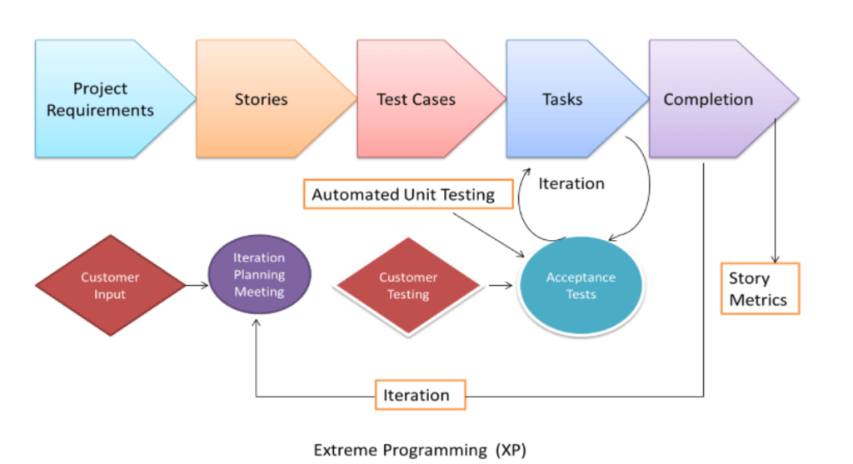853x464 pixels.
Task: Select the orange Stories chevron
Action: click(261, 99)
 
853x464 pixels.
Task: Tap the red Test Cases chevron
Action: click(417, 99)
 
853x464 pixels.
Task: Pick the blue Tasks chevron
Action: click(563, 99)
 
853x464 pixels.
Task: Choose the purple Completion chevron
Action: click(709, 99)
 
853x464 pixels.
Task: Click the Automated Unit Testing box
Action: click(403, 195)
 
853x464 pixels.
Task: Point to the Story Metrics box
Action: click(759, 289)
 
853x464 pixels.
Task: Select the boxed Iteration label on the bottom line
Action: click(417, 396)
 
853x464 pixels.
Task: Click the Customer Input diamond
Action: click(110, 285)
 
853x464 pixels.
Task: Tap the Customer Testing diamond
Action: click(408, 286)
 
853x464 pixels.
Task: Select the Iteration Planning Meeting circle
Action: click(259, 275)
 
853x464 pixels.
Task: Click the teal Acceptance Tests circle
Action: click(581, 286)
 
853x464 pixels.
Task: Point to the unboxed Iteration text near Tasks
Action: click(571, 183)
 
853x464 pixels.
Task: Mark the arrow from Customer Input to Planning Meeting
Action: click(197, 285)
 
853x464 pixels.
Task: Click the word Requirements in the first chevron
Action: click(100, 110)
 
